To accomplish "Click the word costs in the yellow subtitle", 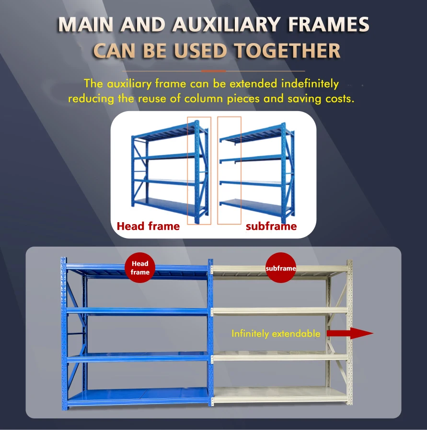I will pyautogui.click(x=337, y=99).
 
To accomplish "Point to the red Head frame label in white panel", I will pyautogui.click(x=148, y=226).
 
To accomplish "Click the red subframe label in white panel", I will pyautogui.click(x=271, y=226).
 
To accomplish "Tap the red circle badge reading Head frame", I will pyautogui.click(x=140, y=268).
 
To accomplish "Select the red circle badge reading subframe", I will pyautogui.click(x=281, y=268).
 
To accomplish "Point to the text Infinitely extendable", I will pyautogui.click(x=276, y=334).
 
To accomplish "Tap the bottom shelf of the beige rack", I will pyautogui.click(x=280, y=395).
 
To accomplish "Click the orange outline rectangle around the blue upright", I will pyautogui.click(x=199, y=170).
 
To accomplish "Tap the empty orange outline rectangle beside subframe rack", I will pyautogui.click(x=229, y=170).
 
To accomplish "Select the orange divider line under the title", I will pyautogui.click(x=213, y=70).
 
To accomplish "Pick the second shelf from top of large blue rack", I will pyautogui.click(x=138, y=311).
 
